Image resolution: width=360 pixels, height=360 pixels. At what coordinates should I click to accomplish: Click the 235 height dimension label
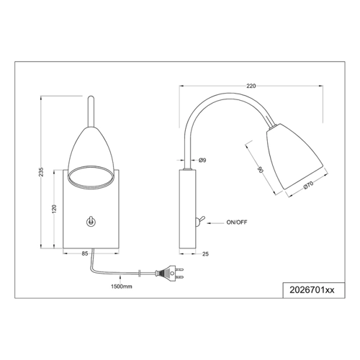[x=42, y=172]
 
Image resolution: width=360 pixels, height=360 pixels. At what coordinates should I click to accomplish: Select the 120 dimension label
[x=54, y=209]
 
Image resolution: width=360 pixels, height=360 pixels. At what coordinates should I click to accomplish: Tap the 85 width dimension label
[x=85, y=253]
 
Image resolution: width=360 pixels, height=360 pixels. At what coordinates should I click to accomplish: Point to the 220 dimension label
[x=251, y=86]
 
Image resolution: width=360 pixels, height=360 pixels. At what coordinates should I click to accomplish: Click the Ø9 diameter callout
[x=202, y=160]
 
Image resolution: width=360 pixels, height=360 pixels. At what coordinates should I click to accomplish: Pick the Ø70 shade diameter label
[x=308, y=184]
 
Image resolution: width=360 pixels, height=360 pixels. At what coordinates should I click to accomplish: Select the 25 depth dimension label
[x=205, y=253]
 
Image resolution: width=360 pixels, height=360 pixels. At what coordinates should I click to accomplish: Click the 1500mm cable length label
[x=122, y=287]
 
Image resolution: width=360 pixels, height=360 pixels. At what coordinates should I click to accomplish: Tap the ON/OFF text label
[x=237, y=222]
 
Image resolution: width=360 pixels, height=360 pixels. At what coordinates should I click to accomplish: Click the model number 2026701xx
[x=312, y=290]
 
